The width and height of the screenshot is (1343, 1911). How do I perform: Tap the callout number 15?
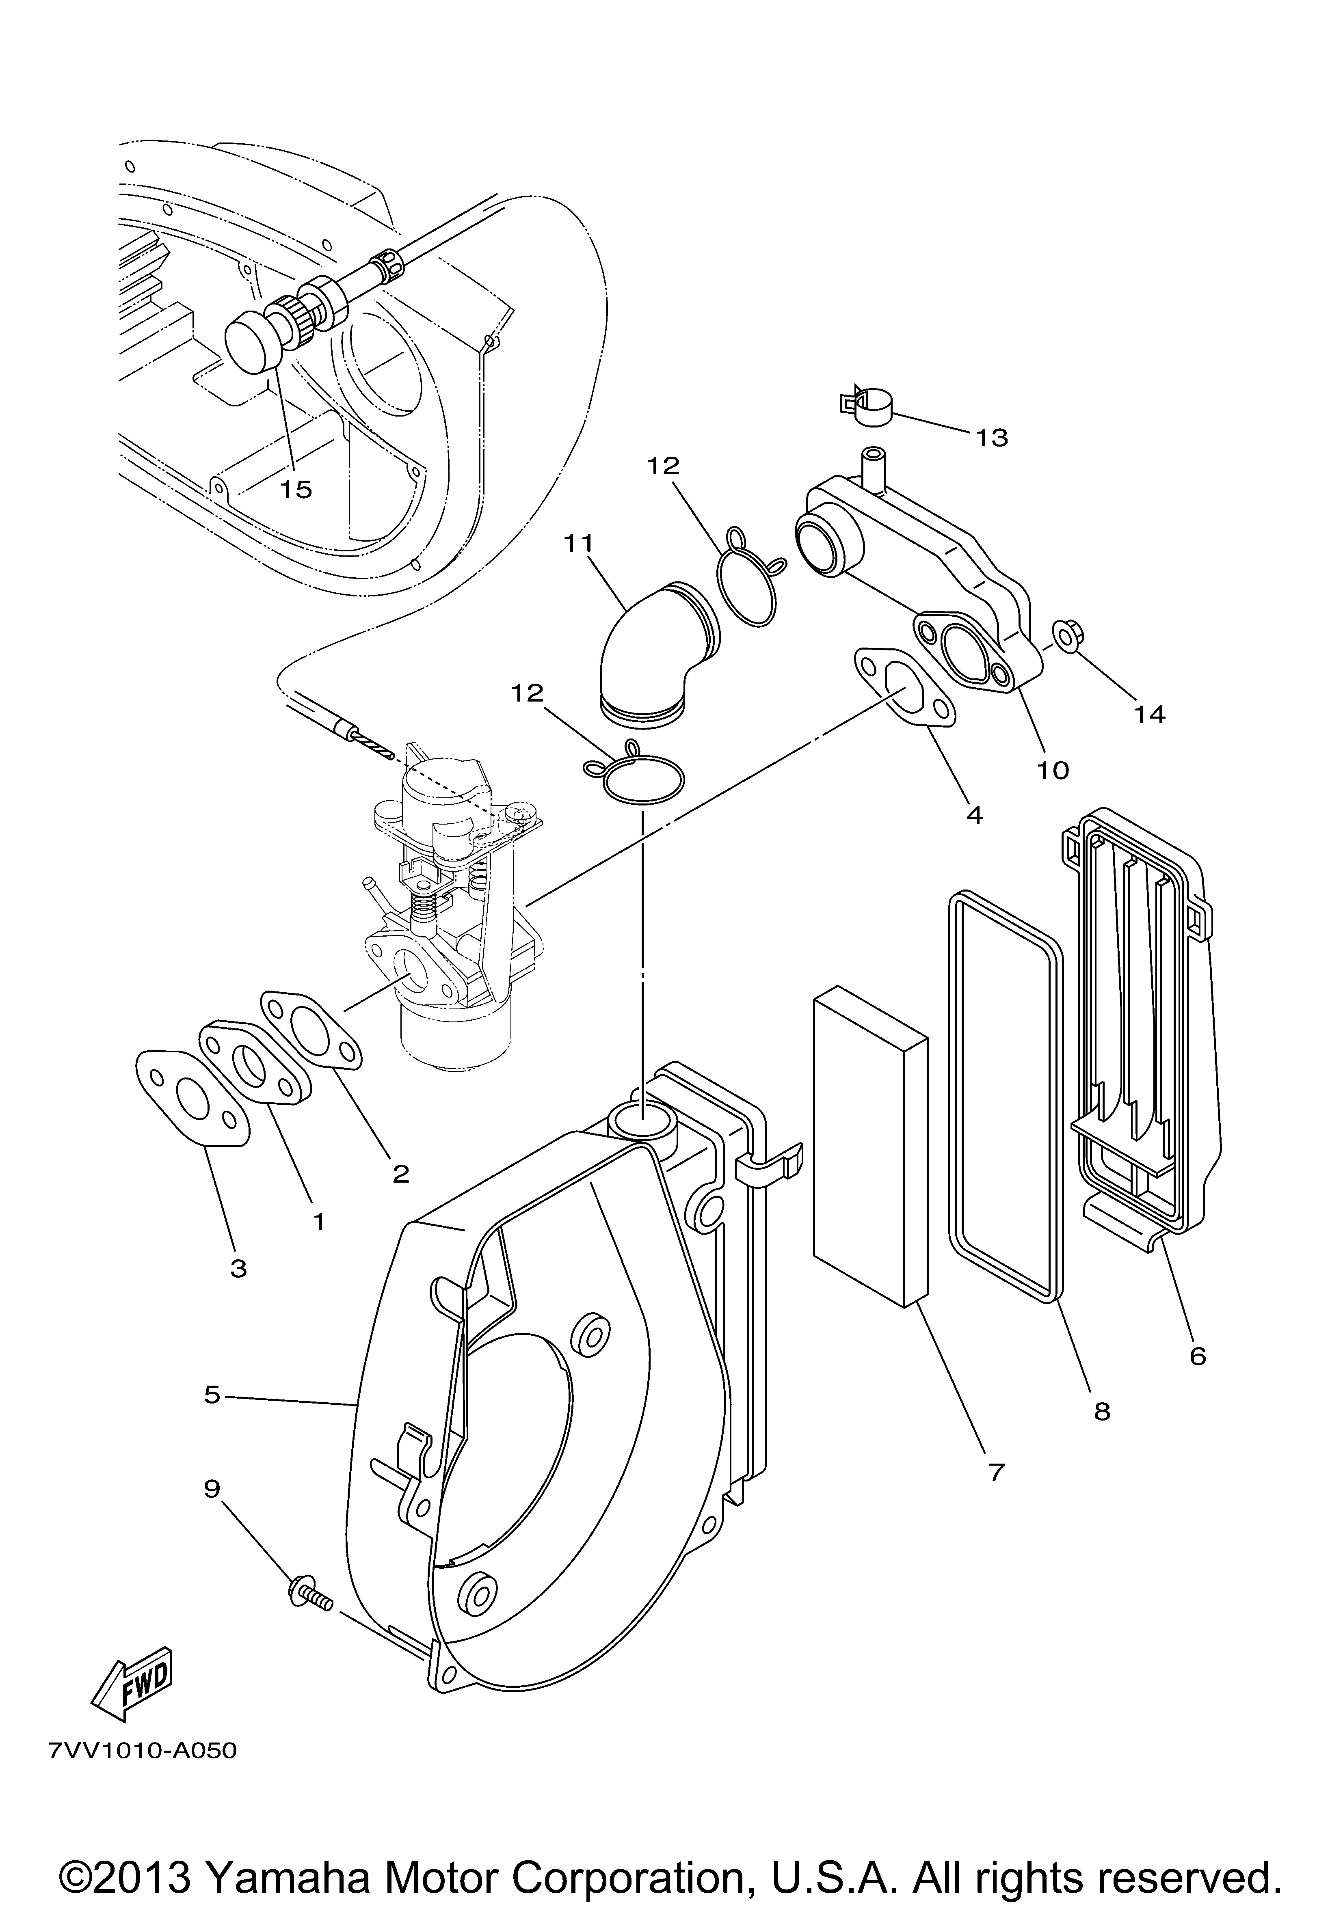click(x=296, y=489)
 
